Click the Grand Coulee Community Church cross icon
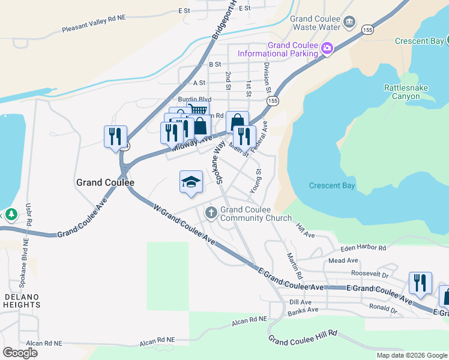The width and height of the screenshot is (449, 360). pos(211,213)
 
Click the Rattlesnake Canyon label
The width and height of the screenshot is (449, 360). pos(406,92)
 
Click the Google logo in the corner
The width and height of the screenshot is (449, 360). pos(20,352)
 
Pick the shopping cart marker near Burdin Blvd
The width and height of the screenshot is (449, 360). pos(197,110)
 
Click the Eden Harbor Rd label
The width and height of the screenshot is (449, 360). pos(363,247)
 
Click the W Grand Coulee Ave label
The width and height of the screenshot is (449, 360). pos(184,223)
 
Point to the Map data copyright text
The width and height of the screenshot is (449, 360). pos(411,355)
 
